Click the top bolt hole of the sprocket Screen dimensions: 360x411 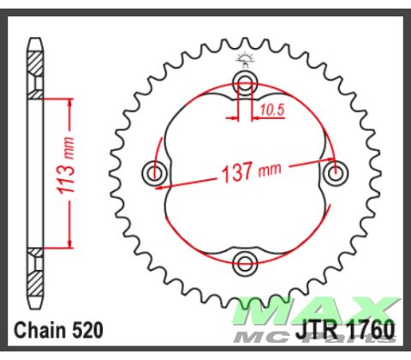(246, 84)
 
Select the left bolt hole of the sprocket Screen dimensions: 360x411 (156, 172)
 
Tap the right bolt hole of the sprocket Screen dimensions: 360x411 (334, 172)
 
